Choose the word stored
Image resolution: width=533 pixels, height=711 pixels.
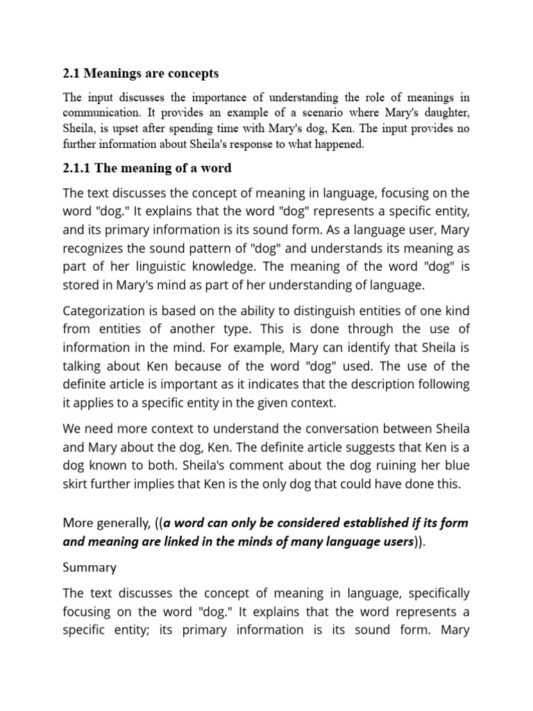(80, 285)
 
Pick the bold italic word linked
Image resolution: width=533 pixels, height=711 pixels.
(192, 542)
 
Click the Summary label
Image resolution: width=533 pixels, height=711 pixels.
(90, 567)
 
